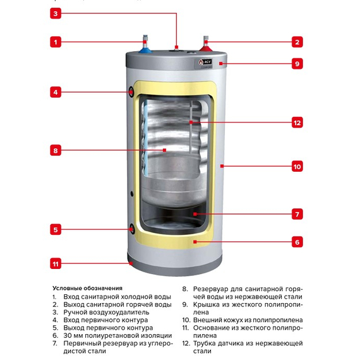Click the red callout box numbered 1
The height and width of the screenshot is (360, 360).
[56, 42]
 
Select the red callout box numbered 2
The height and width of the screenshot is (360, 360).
[296, 42]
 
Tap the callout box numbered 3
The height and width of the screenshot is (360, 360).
[56, 13]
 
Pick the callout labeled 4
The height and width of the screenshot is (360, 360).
[56, 92]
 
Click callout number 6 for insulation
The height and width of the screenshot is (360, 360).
[296, 241]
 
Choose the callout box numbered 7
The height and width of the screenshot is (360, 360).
[296, 214]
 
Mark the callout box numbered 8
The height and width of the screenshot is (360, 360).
[56, 150]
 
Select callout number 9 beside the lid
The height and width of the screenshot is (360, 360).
[296, 63]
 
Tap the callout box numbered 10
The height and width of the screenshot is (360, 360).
[296, 167]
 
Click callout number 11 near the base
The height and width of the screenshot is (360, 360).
[56, 263]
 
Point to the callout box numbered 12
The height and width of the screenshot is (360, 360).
[296, 123]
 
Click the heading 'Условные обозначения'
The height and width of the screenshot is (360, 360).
[87, 287]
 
